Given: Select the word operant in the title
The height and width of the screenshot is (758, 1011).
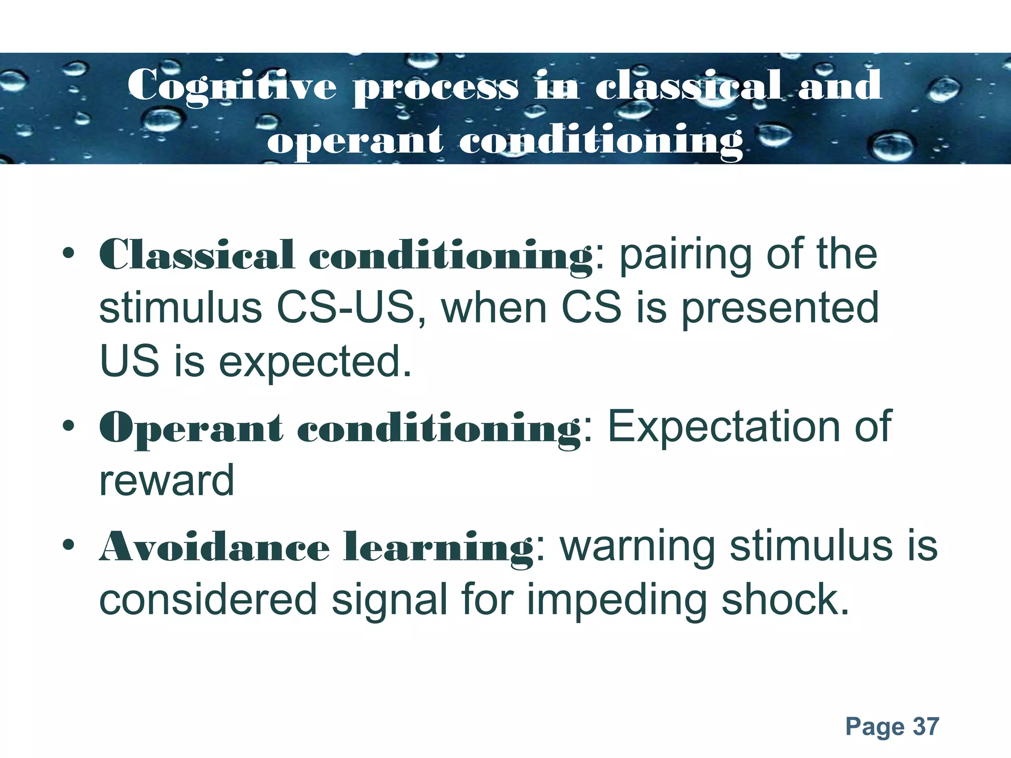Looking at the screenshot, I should pyautogui.click(x=355, y=142).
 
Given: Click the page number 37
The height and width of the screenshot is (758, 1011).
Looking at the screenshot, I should pyautogui.click(x=926, y=726).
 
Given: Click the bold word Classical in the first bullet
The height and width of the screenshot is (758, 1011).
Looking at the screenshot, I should pyautogui.click(x=197, y=255).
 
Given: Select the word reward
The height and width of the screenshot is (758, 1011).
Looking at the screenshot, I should pyautogui.click(x=167, y=481).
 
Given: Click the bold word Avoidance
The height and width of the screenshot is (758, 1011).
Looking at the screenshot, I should pyautogui.click(x=215, y=547).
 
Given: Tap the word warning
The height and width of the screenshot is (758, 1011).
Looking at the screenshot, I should pyautogui.click(x=637, y=547).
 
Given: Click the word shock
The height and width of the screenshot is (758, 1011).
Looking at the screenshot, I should pyautogui.click(x=785, y=600).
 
